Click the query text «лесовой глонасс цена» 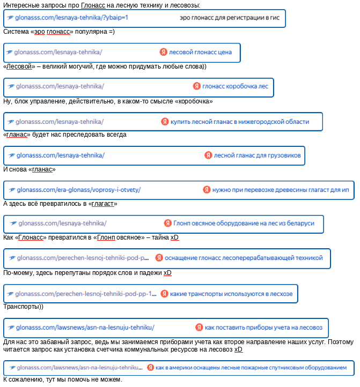tap(200, 53)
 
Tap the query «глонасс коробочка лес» tap(235, 86)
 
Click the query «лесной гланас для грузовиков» tap(257, 156)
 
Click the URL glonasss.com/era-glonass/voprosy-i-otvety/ tap(78, 190)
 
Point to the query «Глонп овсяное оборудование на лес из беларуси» tap(244, 224)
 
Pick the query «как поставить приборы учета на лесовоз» tap(263, 328)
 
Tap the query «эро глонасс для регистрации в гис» tap(230, 18)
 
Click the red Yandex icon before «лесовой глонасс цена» tap(163, 53)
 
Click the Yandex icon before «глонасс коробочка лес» tap(197, 86)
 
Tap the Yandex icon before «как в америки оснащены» tap(151, 368)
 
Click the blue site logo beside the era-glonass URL tap(11, 190)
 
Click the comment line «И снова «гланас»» tap(30, 169)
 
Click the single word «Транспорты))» tap(23, 307)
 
